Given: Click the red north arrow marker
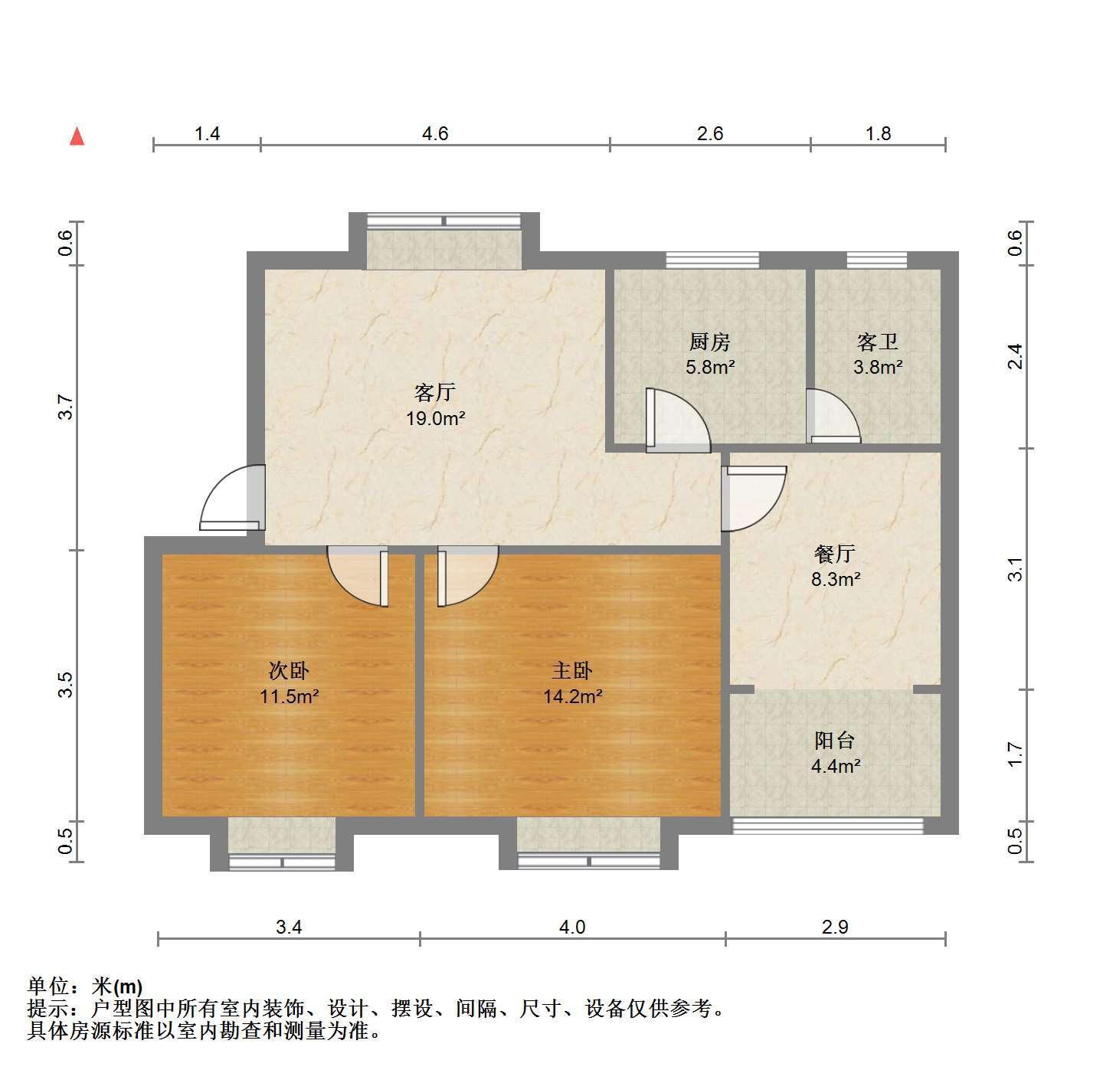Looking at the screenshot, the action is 77,137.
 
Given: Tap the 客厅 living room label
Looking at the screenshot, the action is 434,393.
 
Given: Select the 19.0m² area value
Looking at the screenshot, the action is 436,418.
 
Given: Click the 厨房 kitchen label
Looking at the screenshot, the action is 710,342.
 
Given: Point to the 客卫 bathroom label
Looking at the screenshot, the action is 878,342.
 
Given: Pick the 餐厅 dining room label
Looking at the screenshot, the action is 835,554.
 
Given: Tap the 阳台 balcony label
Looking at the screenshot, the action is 835,741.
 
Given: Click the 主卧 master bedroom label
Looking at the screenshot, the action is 572,670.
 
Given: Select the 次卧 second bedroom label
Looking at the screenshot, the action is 289,670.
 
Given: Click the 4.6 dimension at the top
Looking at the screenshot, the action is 435,133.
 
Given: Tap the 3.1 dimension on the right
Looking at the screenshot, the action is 1015,570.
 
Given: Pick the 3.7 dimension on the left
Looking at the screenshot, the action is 67,407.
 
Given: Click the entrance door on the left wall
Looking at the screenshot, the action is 232,498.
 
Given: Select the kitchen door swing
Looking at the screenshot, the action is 679,420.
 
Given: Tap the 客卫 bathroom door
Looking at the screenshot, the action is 833,416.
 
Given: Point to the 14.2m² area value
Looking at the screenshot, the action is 572,697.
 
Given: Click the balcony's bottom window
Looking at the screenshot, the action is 828,825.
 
